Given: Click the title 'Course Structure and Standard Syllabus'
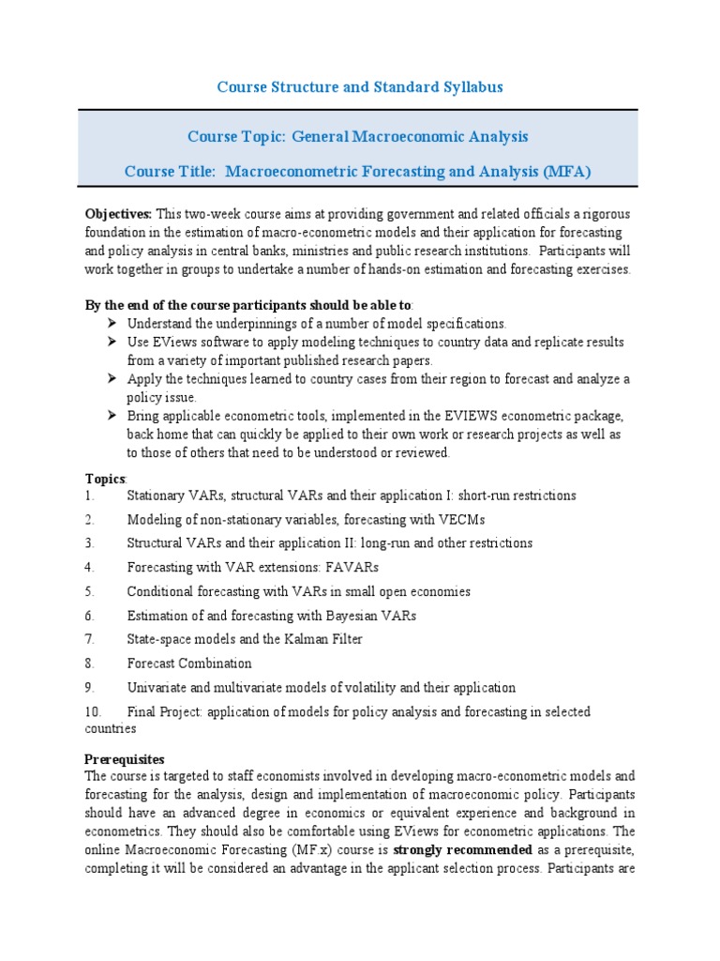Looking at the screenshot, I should pyautogui.click(x=360, y=87).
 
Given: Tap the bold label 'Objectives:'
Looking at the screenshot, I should pyautogui.click(x=119, y=214).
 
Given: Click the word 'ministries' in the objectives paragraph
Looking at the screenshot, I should pyautogui.click(x=358, y=252).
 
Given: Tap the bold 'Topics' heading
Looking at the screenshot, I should pyautogui.click(x=104, y=479).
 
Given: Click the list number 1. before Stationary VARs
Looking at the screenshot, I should pyautogui.click(x=90, y=496).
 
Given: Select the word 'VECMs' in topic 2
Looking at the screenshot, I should pyautogui.click(x=466, y=520).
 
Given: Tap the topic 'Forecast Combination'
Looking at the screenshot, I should pyautogui.click(x=189, y=664).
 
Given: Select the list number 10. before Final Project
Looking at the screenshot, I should pyautogui.click(x=94, y=712).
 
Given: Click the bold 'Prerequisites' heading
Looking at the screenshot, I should pyautogui.click(x=125, y=758).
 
